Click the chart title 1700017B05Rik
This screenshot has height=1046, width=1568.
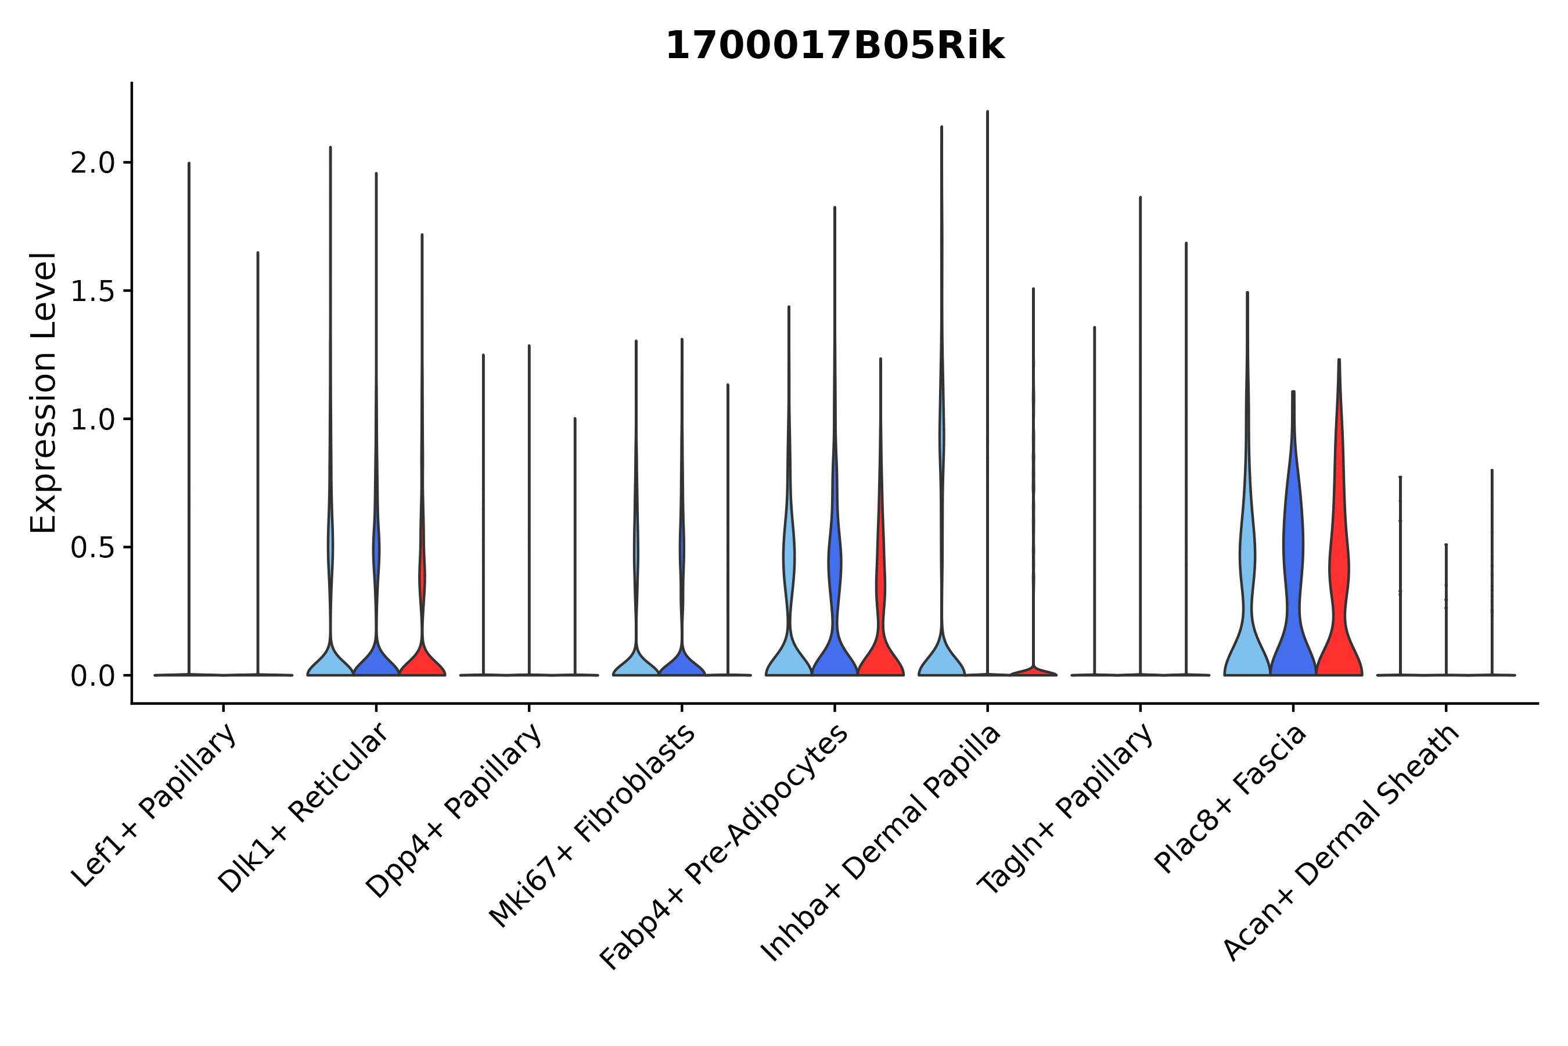click(x=835, y=46)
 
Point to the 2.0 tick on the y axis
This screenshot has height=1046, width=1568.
click(x=93, y=163)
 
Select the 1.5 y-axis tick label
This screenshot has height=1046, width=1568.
click(x=93, y=292)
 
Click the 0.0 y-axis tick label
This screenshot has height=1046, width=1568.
click(x=93, y=676)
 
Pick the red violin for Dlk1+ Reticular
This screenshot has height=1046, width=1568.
click(x=422, y=660)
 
